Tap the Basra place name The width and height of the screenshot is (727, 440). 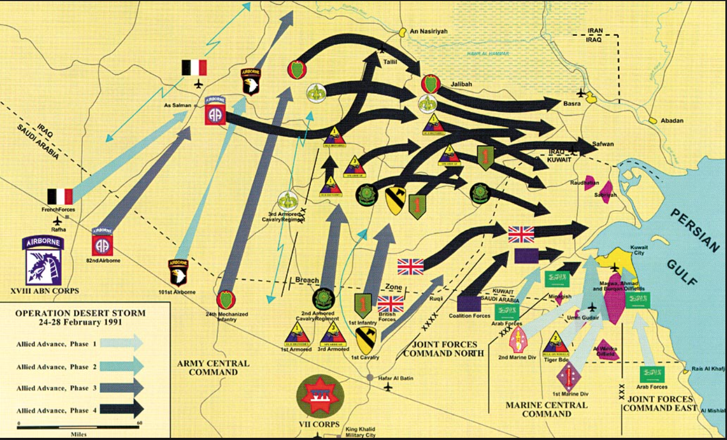[x=573, y=102]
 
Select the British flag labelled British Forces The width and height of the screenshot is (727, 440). [x=387, y=304]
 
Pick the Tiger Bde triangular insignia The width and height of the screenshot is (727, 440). [x=555, y=343]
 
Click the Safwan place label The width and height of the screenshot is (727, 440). [x=603, y=144]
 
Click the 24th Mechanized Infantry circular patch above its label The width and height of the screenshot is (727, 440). [x=226, y=299]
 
